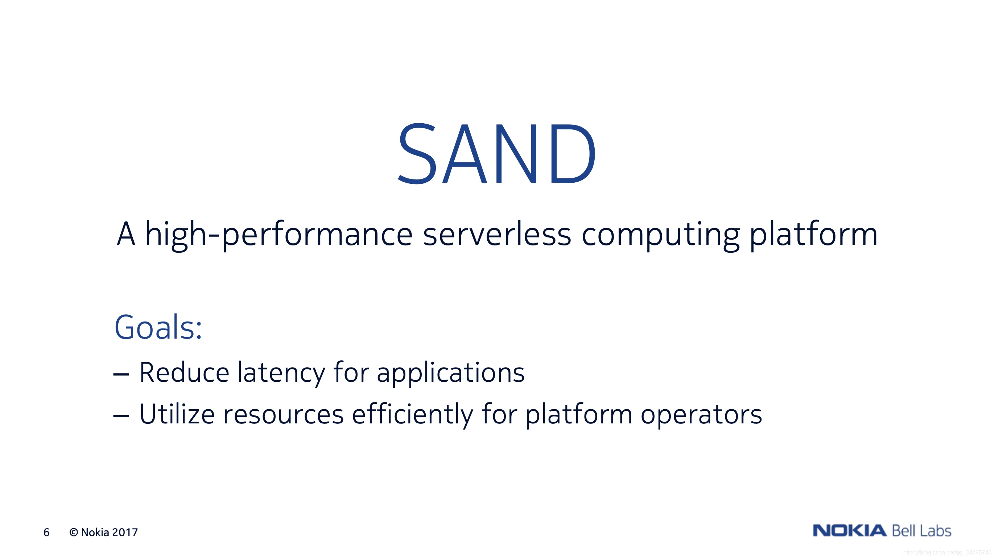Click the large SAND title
click(x=497, y=154)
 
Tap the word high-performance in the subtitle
click(x=279, y=235)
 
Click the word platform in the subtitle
click(x=813, y=235)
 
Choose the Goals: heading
click(x=158, y=327)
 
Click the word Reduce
click(x=184, y=373)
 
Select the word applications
click(x=450, y=374)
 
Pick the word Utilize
click(x=177, y=414)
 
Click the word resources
click(x=284, y=415)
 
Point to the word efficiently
click(x=413, y=415)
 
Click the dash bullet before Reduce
click(x=121, y=374)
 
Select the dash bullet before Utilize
click(x=121, y=415)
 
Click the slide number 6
click(x=46, y=533)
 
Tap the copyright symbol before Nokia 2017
click(x=73, y=533)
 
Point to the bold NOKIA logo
click(x=849, y=530)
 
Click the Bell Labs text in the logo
click(x=922, y=530)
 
